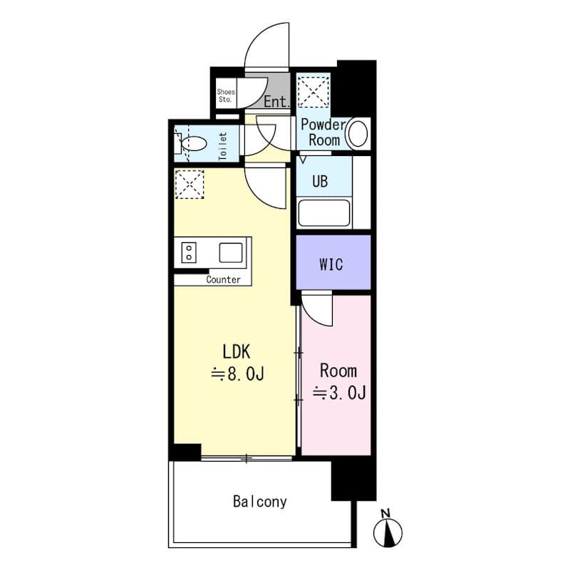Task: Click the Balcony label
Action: [x=259, y=502]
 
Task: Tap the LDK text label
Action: [x=237, y=351]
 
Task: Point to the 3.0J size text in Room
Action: [x=339, y=393]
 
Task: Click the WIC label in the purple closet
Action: [x=331, y=264]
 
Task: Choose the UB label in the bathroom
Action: [x=320, y=181]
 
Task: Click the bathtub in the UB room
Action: [x=324, y=214]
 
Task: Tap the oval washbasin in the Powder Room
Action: [x=358, y=133]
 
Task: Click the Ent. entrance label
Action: [x=276, y=103]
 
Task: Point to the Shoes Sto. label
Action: [x=225, y=95]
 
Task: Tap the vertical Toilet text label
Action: [x=222, y=146]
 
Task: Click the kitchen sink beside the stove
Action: [x=231, y=252]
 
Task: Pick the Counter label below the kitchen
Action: [x=223, y=280]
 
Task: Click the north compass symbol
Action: [x=388, y=530]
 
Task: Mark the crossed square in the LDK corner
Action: [x=190, y=185]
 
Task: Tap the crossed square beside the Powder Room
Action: [x=313, y=90]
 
